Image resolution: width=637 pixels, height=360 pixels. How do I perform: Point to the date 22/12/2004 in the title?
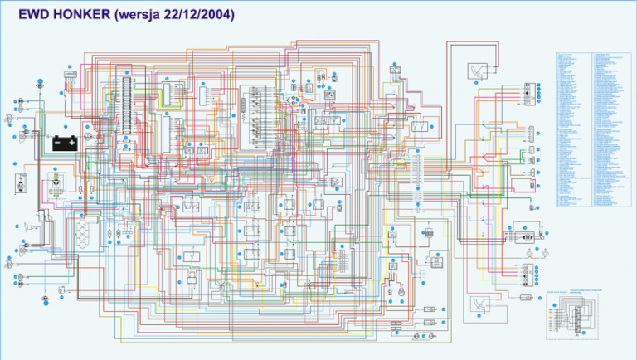click(x=200, y=14)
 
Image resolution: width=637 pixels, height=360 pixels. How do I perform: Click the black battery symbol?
click(x=66, y=143)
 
